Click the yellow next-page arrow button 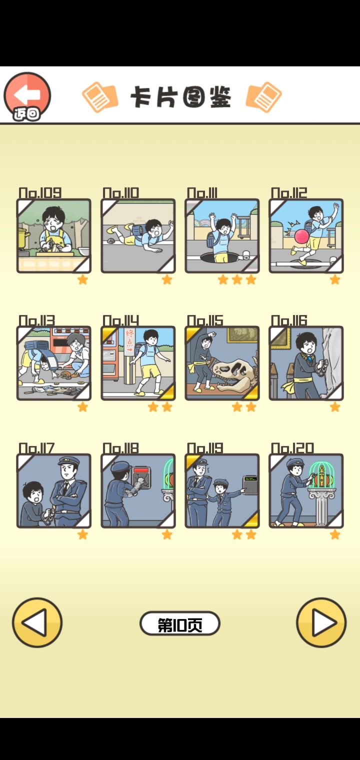321,622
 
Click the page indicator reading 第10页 180,623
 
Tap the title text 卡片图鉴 180,97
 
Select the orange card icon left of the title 100,96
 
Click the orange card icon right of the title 263,96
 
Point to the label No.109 40,192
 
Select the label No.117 36,448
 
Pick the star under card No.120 335,534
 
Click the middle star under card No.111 237,279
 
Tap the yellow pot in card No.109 23,237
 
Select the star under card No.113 82,407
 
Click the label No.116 289,320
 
